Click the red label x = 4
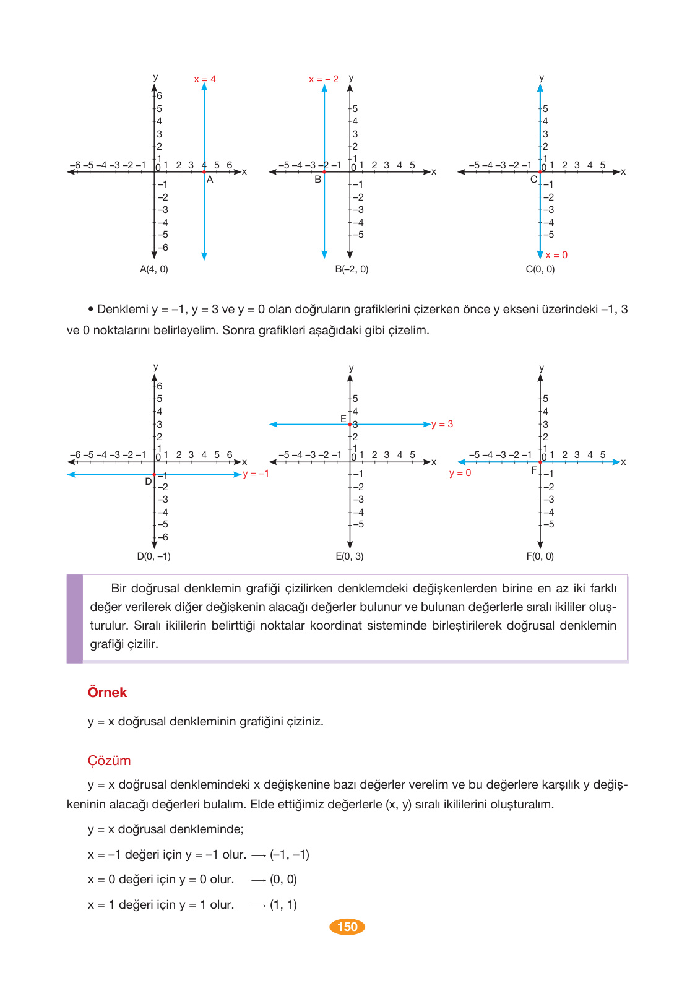(x=205, y=79)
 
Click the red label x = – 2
(x=324, y=79)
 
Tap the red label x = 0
(x=556, y=255)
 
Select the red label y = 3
(x=442, y=424)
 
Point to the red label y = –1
(x=256, y=474)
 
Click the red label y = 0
(x=460, y=473)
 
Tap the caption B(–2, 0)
(x=352, y=269)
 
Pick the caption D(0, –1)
(x=153, y=556)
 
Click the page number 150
(x=347, y=927)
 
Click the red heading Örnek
(x=107, y=692)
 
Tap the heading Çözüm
(x=109, y=760)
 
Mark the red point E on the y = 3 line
(x=350, y=425)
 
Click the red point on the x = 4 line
(x=204, y=172)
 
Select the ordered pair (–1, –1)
(x=290, y=854)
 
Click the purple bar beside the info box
(x=74, y=618)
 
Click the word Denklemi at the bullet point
(x=123, y=309)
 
